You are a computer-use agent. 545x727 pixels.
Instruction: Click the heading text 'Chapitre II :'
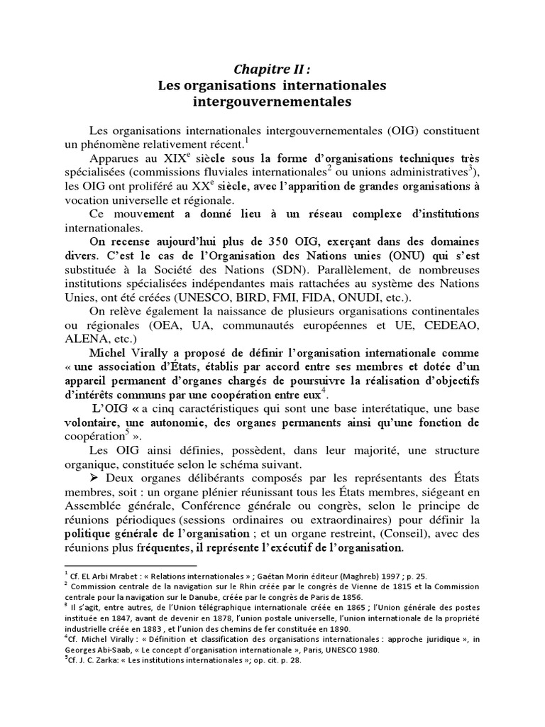click(x=272, y=70)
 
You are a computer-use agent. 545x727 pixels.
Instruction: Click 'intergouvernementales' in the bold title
click(x=272, y=102)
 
